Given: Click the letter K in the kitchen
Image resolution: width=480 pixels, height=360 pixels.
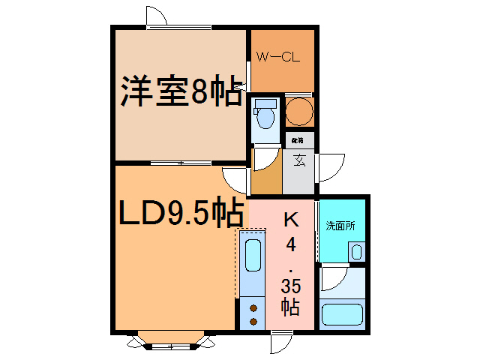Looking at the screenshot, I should coord(289,219).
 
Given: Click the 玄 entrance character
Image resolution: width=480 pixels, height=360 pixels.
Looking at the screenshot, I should coord(298,160).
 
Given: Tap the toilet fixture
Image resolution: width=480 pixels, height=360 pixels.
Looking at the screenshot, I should coord(264,115).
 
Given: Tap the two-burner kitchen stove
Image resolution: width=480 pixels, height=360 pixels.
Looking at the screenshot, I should coord(252,313).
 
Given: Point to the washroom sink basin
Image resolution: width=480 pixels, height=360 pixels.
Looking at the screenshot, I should coord(356,250).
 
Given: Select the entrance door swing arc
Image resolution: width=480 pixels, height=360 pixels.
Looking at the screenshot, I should coord(330,165).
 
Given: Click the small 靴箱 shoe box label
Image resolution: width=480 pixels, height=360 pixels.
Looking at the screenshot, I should coord(298,140).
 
